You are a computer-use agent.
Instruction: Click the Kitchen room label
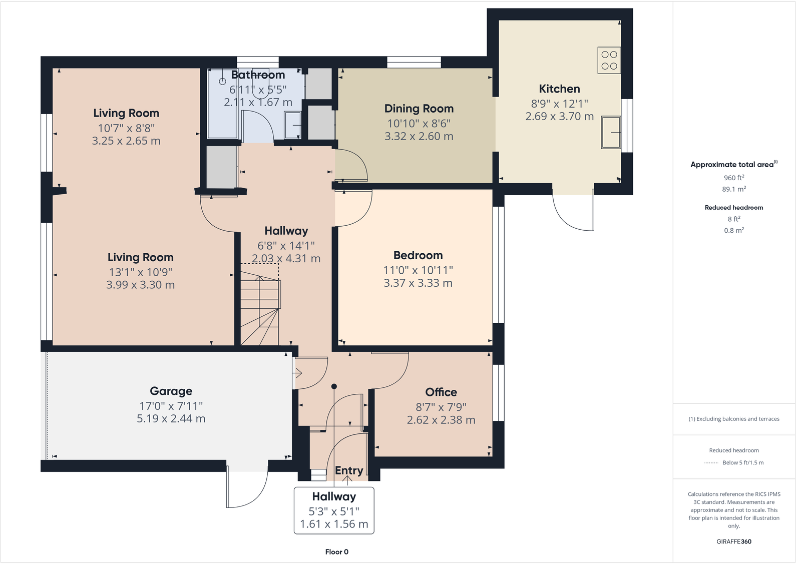559,89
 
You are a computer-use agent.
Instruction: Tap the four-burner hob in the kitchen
609,60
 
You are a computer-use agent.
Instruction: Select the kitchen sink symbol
611,132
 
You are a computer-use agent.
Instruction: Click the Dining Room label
419,109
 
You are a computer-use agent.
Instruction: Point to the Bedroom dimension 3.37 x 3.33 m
418,283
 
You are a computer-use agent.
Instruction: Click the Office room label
441,392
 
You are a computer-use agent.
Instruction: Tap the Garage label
171,391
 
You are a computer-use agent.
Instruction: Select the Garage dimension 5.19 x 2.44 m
171,419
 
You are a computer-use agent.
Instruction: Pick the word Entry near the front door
348,470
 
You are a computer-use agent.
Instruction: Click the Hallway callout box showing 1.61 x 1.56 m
334,510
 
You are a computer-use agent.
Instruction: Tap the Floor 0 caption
336,552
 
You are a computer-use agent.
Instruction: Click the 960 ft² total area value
733,178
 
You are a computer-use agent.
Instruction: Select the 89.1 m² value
733,189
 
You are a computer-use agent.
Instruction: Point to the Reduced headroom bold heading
733,208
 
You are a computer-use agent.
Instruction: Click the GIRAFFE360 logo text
733,541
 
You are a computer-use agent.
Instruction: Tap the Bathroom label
258,75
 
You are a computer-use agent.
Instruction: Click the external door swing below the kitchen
574,213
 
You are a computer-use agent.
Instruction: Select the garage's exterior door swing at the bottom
247,488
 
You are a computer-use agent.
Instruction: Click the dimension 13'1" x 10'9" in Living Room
140,272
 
